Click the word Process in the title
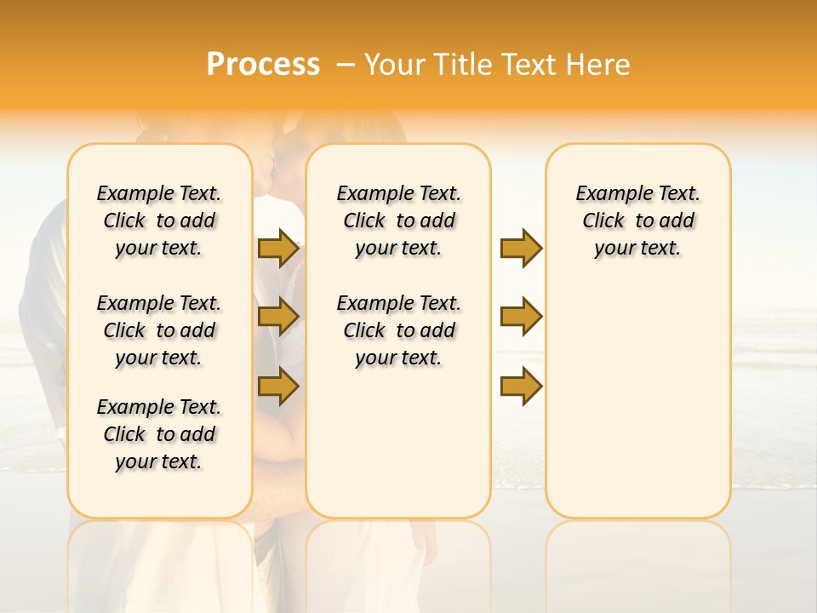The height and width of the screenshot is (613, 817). point(263,65)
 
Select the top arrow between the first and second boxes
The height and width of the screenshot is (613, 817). point(278,248)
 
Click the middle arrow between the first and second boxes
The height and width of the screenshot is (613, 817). point(278,317)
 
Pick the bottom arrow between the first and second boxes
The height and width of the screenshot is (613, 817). point(278,386)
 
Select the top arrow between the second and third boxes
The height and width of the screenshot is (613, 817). point(521,248)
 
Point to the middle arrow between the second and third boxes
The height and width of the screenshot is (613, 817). point(521,317)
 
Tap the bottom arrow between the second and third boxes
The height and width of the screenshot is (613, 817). point(521,386)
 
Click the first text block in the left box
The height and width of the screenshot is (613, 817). point(159,221)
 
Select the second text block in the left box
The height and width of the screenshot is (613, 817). point(159,330)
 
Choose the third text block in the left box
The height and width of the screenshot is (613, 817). point(159,434)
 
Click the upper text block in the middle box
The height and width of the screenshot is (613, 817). point(398,221)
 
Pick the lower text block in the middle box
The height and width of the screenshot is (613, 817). point(398,330)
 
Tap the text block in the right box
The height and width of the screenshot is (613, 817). point(638,221)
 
